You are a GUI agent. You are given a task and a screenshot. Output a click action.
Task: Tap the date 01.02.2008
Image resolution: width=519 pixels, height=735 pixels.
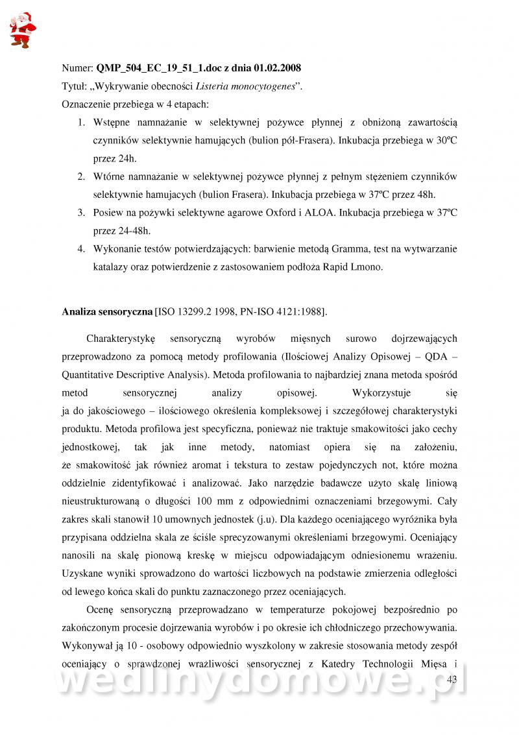[278, 67]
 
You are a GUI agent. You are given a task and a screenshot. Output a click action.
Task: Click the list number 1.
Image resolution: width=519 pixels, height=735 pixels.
[82, 122]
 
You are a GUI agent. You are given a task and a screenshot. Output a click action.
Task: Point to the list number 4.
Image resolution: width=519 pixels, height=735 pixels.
[82, 248]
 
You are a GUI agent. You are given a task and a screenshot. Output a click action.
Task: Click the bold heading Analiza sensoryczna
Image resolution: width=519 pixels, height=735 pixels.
[107, 312]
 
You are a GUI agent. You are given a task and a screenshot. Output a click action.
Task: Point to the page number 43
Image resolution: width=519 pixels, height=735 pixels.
[452, 679]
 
